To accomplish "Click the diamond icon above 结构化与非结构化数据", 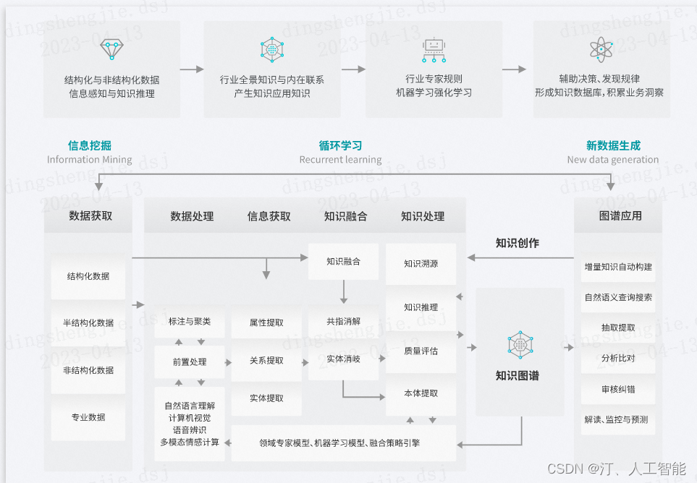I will [111, 49].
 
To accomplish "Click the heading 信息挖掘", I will [90, 145].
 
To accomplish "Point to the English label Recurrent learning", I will [340, 160].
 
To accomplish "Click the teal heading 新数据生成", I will [613, 145].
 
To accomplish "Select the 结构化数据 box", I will [88, 276].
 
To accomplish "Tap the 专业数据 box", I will [88, 417].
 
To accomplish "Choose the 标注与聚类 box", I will [190, 322].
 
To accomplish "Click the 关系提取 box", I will [266, 361].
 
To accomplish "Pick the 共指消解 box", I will [343, 322].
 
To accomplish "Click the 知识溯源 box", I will [421, 264].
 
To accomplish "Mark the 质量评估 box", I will [421, 351].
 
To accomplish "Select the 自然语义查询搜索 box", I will [618, 297].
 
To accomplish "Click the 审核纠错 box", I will [618, 389].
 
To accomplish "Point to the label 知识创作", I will [517, 243].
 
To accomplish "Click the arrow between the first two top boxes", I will [192, 69].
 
